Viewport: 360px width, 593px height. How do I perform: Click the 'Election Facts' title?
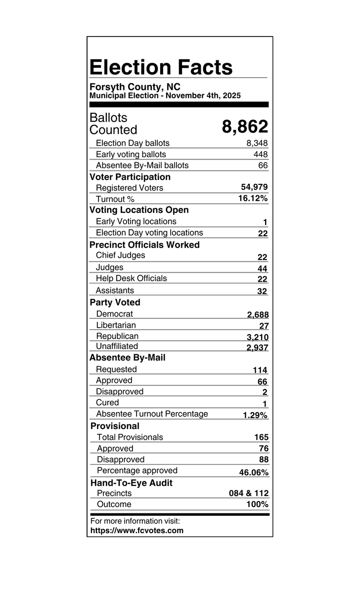pos(161,67)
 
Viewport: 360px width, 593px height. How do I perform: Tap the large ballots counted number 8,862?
pos(245,127)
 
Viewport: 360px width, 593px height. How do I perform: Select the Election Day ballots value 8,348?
pos(257,143)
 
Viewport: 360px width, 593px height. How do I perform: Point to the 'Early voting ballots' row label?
pos(131,154)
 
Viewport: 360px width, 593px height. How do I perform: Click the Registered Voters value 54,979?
pos(254,187)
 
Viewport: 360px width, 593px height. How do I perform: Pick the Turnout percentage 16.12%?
pos(253,198)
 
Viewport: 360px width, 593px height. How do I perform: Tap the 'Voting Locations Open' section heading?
pos(139,210)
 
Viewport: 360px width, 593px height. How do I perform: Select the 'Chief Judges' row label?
pos(120,255)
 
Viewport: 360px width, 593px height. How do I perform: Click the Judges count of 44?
pos(262,268)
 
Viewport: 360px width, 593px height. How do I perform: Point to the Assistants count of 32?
pos(262,291)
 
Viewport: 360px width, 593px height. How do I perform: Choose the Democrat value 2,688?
pos(258,315)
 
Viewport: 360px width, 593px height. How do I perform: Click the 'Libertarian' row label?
pos(116,325)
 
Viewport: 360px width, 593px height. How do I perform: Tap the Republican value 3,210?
pos(257,338)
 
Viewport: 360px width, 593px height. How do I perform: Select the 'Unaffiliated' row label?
pos(117,346)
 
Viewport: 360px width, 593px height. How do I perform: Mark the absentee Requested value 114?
pos(260,370)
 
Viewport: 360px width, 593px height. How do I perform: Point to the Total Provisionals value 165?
pos(261,437)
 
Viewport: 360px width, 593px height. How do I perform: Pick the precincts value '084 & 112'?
pos(249,494)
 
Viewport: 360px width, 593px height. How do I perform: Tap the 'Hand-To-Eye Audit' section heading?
pos(132,483)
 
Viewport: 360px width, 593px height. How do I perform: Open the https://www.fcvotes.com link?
pos(137,531)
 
